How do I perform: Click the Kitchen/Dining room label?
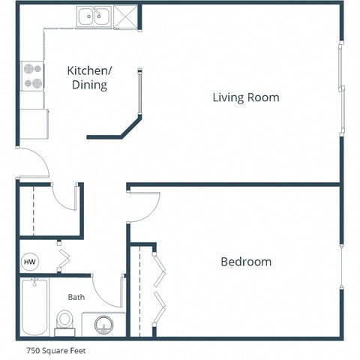click(x=89, y=77)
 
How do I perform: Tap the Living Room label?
click(x=245, y=97)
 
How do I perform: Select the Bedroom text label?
click(x=245, y=262)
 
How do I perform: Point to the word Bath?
click(x=76, y=297)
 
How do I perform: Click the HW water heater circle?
click(x=30, y=262)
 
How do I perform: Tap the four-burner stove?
click(x=32, y=74)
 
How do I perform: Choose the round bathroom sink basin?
click(x=103, y=323)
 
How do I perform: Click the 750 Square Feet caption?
click(x=50, y=349)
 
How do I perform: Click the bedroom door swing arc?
click(x=144, y=205)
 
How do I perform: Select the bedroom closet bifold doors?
click(x=160, y=289)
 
